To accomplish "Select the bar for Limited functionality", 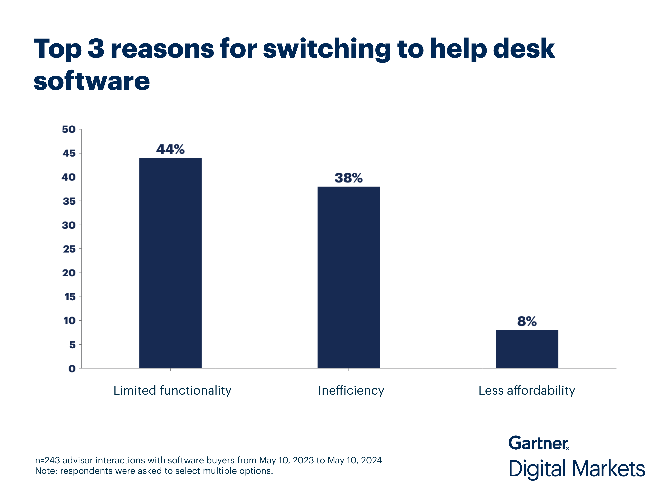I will [x=170, y=263].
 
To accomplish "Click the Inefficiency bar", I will [x=348, y=277].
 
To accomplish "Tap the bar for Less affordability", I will [x=527, y=349].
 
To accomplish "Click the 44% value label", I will [x=170, y=149].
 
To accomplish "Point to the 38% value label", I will [x=348, y=178].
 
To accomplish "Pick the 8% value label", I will [x=527, y=321].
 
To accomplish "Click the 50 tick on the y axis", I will [x=69, y=129].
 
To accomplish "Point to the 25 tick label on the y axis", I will [x=69, y=249].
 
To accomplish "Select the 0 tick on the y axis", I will [x=72, y=369].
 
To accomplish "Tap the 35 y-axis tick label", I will [x=69, y=201].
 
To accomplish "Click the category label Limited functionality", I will [x=172, y=390].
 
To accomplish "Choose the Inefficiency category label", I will [x=351, y=390].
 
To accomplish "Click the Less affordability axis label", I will [x=527, y=390].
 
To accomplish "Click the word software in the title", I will [x=92, y=81].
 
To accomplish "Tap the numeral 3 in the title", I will [x=96, y=48].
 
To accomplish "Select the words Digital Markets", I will [x=576, y=469].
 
